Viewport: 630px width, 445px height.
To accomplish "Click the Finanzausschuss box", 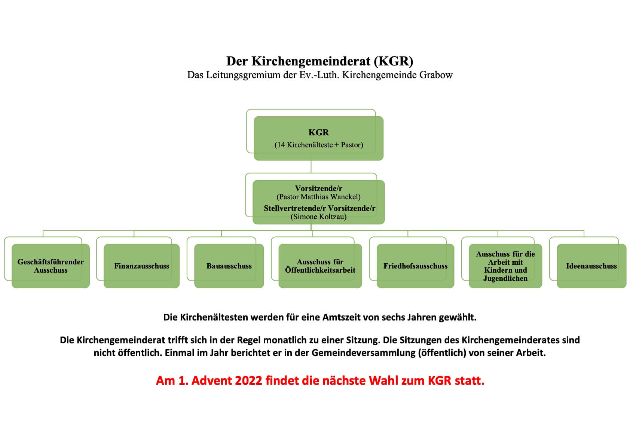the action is pyautogui.click(x=141, y=266).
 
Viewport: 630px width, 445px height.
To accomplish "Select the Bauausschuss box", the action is pyautogui.click(x=229, y=266).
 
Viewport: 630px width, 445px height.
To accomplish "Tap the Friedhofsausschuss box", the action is pyautogui.click(x=415, y=266).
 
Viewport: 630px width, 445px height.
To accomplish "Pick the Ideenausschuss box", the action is pyautogui.click(x=591, y=266).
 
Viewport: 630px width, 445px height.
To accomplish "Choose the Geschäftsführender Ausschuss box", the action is pyautogui.click(x=51, y=266).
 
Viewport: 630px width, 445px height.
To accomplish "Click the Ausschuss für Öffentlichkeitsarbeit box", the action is pyautogui.click(x=320, y=266).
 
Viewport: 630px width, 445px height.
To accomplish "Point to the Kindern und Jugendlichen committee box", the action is pyautogui.click(x=505, y=266).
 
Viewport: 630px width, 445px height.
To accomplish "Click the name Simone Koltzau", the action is pyautogui.click(x=318, y=217).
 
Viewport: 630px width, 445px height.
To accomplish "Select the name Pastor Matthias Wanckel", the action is pyautogui.click(x=318, y=197).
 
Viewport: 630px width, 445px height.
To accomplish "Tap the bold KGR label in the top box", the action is pyautogui.click(x=319, y=132).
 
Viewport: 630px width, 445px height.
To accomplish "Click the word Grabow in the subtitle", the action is pyautogui.click(x=436, y=75).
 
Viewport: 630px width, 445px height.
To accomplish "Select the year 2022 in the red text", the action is pyautogui.click(x=248, y=380).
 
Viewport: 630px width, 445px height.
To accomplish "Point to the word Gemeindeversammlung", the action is pyautogui.click(x=363, y=353).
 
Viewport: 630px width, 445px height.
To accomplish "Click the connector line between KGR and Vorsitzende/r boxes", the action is pyautogui.click(x=311, y=167).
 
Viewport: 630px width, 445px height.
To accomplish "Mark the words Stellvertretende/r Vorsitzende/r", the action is pyautogui.click(x=319, y=208).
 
